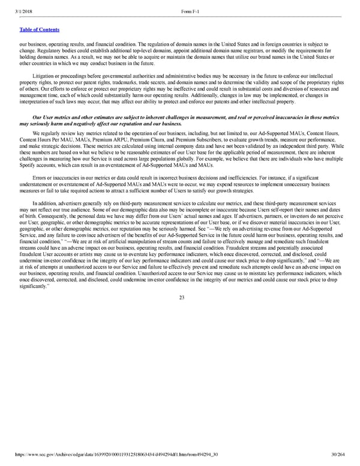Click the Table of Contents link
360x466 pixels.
pos(37,29)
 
